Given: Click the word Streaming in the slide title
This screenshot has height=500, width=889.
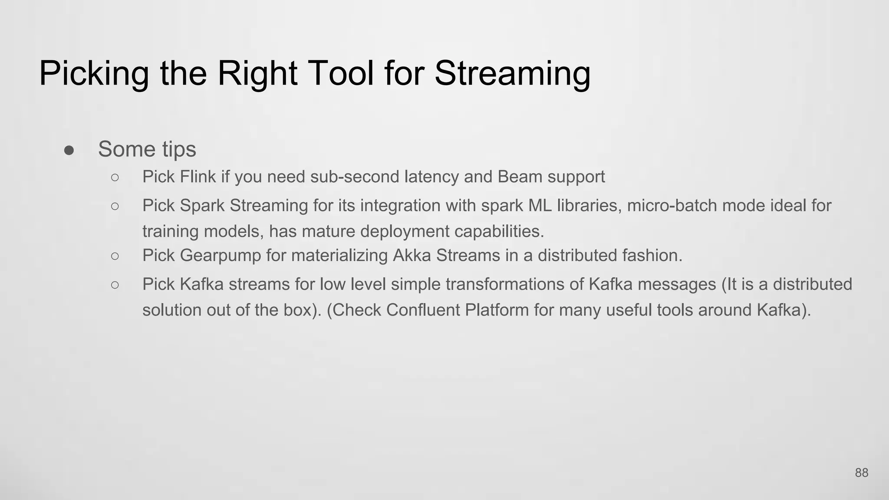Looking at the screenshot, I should click(x=512, y=73).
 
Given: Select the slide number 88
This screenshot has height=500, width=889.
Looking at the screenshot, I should click(x=861, y=473).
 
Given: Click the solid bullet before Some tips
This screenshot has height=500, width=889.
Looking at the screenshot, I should click(x=69, y=150).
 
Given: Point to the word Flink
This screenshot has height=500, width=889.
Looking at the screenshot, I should click(x=198, y=177).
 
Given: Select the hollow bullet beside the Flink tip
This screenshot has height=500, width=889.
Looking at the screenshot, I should click(x=115, y=177).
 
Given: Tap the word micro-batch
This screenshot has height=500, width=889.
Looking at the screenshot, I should click(x=672, y=205).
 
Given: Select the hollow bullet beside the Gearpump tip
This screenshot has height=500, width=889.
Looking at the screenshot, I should click(x=115, y=256).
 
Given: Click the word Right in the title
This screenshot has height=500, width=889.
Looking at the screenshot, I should click(x=257, y=73).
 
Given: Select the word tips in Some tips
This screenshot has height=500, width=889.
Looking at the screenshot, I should click(x=179, y=149).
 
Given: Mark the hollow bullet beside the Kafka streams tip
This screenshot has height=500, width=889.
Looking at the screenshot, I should click(x=115, y=285).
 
